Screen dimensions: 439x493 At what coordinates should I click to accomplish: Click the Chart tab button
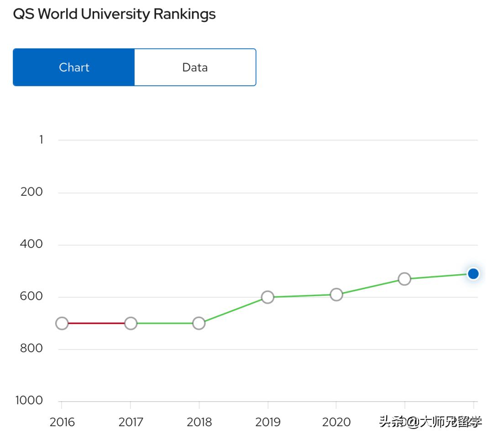coord(74,68)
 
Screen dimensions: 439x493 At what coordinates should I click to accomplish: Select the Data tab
coord(195,68)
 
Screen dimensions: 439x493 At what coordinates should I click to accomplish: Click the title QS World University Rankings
coord(114,14)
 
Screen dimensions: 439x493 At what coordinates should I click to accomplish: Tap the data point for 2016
coord(62,323)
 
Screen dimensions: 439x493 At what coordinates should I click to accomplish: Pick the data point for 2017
coord(131,323)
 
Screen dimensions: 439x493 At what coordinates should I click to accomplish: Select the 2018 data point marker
coord(199,323)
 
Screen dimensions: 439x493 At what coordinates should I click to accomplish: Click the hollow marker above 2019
coord(267,297)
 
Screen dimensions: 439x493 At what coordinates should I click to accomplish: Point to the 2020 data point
coord(336,294)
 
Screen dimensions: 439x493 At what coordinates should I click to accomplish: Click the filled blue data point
coord(473,274)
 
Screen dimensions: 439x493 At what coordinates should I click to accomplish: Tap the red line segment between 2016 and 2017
coord(96,323)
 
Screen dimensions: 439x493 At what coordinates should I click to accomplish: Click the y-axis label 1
coord(41,140)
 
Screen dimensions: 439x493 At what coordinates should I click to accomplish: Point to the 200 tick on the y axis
coord(31,192)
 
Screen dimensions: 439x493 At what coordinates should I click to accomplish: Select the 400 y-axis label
coord(31,244)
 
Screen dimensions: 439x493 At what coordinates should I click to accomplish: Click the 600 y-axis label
coord(31,297)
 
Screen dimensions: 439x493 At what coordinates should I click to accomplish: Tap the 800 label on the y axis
coord(31,349)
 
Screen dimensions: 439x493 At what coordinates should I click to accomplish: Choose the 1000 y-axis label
coord(29,401)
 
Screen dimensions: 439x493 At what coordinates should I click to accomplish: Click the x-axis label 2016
coord(62,422)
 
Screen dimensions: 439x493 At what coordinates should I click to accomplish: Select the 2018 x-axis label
coord(199,422)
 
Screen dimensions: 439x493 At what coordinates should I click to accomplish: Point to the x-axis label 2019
coord(268,422)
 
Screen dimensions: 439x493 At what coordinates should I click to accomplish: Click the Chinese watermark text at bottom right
coord(430,422)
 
